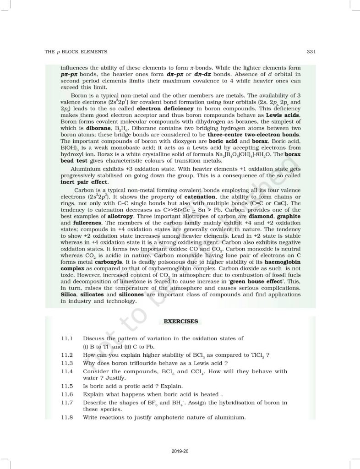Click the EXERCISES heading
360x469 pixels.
coord(180,322)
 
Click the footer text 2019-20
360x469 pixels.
coord(180,452)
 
